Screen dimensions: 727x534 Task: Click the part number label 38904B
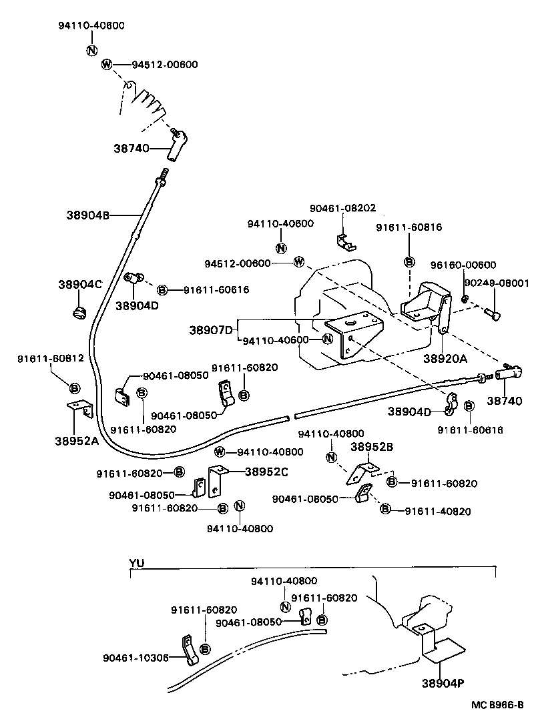(x=87, y=215)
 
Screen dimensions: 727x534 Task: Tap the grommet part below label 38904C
(x=79, y=311)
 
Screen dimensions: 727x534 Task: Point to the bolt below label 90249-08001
(x=493, y=311)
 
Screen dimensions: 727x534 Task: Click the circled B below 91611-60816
(x=409, y=261)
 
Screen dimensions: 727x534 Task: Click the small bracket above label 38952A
(x=80, y=408)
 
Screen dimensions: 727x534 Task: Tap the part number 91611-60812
(x=50, y=358)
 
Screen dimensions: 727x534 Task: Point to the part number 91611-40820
(x=438, y=512)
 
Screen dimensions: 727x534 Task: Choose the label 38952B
(x=372, y=447)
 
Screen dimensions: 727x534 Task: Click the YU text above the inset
(x=136, y=563)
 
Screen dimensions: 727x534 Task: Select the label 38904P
(x=444, y=683)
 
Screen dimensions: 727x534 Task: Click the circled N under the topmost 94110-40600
(x=91, y=50)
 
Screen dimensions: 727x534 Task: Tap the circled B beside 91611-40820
(x=385, y=509)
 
